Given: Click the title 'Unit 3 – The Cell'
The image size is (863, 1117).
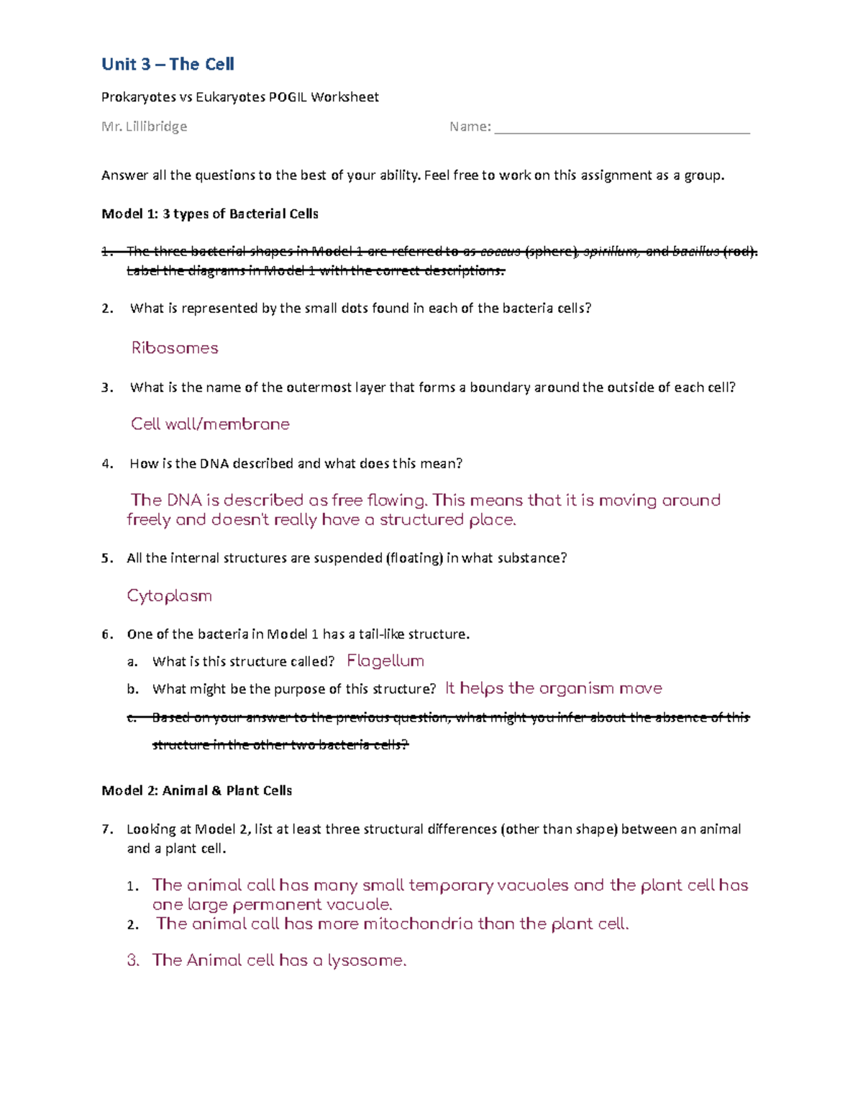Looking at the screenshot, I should [168, 65].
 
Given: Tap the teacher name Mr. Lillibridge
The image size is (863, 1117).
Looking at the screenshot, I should [144, 127].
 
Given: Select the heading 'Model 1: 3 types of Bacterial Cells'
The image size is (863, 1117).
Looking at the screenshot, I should [210, 214].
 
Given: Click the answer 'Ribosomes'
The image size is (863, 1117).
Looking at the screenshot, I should [175, 348].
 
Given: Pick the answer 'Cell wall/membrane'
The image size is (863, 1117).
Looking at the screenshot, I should [210, 424].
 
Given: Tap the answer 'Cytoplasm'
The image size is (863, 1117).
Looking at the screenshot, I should [169, 596].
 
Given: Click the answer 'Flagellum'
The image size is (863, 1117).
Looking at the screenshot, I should [385, 661].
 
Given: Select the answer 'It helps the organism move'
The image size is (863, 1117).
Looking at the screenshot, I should [553, 688].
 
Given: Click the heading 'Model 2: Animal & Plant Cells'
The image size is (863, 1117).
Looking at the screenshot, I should [196, 790].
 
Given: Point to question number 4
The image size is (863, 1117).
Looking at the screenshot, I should [107, 464].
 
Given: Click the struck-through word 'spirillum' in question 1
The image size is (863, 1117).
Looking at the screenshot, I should [610, 251].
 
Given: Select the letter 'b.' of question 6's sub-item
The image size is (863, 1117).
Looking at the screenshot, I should [132, 689].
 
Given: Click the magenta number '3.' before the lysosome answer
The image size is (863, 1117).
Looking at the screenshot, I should [133, 961].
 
